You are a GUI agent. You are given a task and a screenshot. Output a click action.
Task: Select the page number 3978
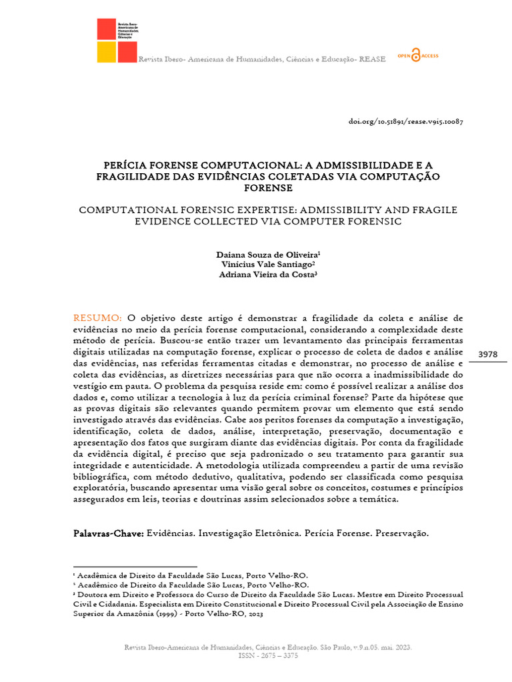click(x=488, y=354)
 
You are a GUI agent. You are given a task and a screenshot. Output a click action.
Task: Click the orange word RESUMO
click(x=97, y=318)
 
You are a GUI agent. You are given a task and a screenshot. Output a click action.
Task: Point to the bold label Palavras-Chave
click(x=107, y=534)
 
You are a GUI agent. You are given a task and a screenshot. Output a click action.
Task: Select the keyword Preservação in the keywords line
click(x=403, y=534)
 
